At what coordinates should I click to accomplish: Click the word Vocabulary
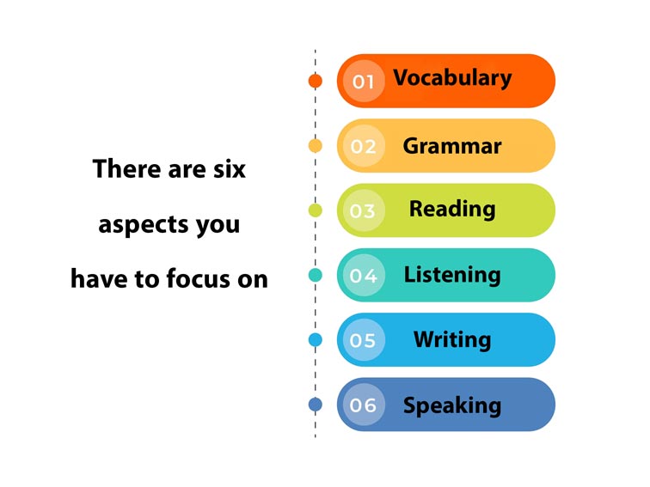[x=452, y=78]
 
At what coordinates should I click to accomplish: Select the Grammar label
[x=452, y=146]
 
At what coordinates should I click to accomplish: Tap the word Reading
[x=452, y=209]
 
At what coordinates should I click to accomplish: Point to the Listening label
[x=452, y=275]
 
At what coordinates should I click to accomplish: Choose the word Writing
[x=452, y=339]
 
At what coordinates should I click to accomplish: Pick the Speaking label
[x=452, y=405]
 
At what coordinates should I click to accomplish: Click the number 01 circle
[x=363, y=82]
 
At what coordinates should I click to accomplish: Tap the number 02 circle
[x=363, y=146]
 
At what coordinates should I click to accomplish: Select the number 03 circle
[x=363, y=210]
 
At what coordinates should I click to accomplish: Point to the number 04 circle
[x=363, y=276]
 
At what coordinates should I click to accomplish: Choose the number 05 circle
[x=363, y=340]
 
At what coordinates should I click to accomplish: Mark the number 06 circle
[x=363, y=405]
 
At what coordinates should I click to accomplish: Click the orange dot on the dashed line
[x=316, y=81]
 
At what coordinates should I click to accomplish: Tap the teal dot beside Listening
[x=316, y=276]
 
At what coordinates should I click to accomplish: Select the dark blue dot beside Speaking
[x=316, y=405]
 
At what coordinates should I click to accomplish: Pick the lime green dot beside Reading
[x=316, y=210]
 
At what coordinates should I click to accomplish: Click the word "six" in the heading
[x=229, y=169]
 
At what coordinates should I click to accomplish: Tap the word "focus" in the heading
[x=211, y=279]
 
